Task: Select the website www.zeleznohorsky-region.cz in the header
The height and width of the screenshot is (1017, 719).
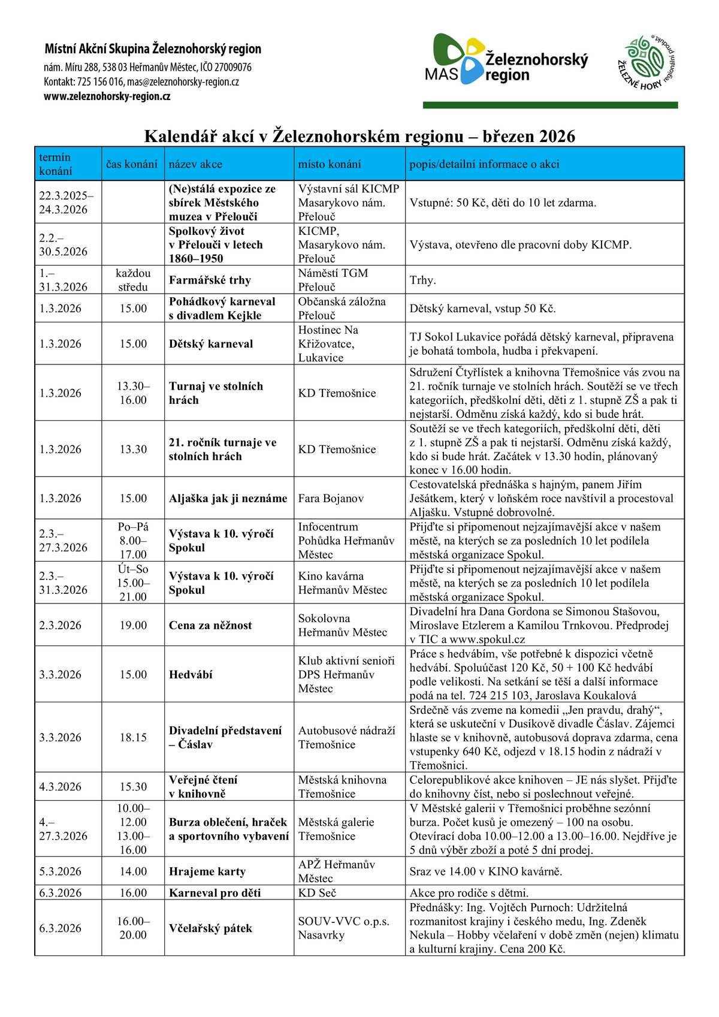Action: [107, 96]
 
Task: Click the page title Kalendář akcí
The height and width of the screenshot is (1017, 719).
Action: [359, 136]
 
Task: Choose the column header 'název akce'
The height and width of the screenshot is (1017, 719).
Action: [195, 164]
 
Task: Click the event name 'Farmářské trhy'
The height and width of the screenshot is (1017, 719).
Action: [210, 280]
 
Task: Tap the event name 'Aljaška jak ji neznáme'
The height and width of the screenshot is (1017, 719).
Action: [228, 498]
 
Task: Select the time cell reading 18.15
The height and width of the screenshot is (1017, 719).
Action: [133, 737]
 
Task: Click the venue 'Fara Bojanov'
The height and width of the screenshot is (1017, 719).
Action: [331, 498]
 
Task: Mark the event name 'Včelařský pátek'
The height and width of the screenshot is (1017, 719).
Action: [210, 928]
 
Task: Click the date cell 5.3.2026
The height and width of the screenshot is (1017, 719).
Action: [60, 871]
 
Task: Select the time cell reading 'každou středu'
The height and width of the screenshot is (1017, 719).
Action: [133, 280]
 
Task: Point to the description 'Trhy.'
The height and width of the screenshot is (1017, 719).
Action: [422, 280]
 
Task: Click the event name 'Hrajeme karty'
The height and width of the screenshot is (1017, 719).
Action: [207, 871]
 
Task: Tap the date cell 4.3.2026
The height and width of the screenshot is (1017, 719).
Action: [60, 787]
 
